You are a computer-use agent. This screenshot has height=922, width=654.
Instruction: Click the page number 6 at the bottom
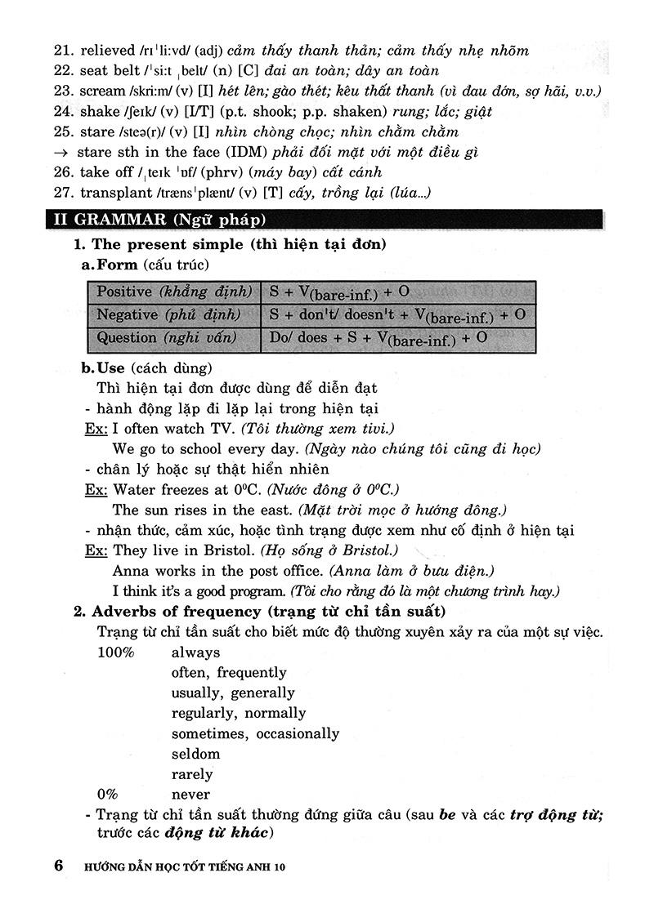pyautogui.click(x=58, y=866)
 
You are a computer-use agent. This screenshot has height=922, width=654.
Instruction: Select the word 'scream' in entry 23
pyautogui.click(x=102, y=91)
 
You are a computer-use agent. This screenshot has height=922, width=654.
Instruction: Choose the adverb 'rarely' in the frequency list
pyautogui.click(x=192, y=774)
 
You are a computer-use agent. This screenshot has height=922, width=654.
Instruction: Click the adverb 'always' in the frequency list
pyautogui.click(x=195, y=653)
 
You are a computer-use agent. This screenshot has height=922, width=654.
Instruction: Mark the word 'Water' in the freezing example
pyautogui.click(x=134, y=489)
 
